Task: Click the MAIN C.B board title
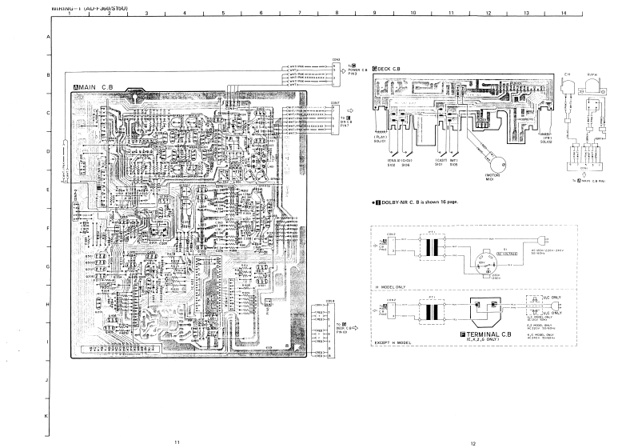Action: [95, 86]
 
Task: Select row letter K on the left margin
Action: [47, 417]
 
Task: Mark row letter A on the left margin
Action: [47, 37]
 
